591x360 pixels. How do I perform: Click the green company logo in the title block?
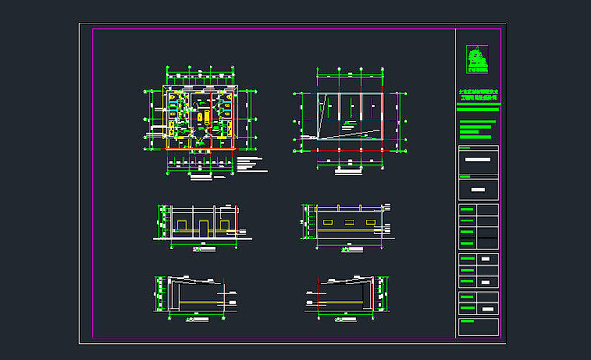pos(476,59)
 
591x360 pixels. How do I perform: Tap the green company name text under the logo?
pos(478,94)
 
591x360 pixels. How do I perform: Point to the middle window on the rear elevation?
pos(349,220)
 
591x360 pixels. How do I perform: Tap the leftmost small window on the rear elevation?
pos(328,220)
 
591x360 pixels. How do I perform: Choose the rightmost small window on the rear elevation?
pos(370,220)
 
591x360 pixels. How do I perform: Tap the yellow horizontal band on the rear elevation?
pos(349,231)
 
